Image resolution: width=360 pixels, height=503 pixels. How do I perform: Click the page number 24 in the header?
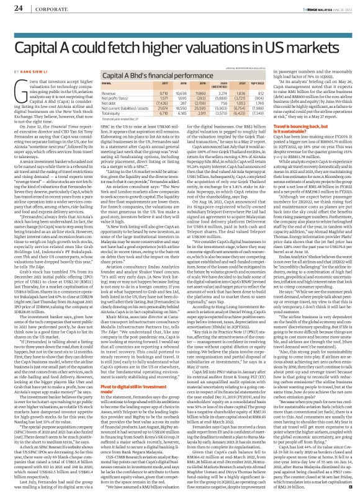coord(18,7)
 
